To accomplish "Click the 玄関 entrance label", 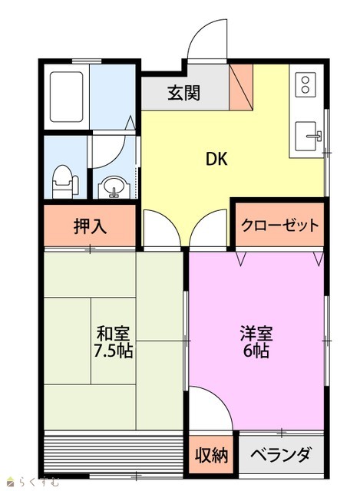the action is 183,93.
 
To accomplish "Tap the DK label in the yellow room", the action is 216,159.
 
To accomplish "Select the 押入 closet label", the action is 91,226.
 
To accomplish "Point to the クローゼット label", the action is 279,226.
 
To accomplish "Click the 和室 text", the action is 113,333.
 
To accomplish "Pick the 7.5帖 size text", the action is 114,351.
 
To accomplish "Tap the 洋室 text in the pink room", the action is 256,333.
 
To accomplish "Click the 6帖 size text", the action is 256,351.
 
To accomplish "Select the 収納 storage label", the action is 212,455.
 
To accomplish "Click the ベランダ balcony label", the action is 281,455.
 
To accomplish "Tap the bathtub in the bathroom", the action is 67,97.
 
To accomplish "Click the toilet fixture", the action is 64,183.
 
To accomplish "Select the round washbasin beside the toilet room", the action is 114,187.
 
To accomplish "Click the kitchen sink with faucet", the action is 308,137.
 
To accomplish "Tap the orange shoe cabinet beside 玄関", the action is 241,87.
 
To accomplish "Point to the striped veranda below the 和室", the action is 114,453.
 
